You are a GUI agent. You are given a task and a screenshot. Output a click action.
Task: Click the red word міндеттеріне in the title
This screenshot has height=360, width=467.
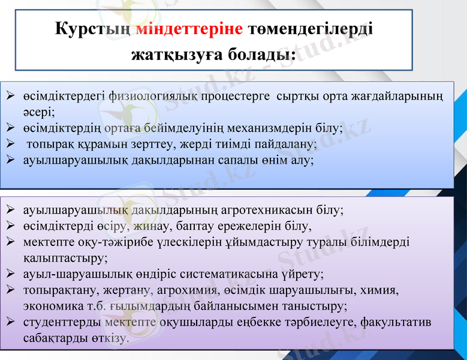coord(189,29)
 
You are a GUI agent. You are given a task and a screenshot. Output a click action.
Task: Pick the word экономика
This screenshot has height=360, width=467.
coord(51,306)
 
